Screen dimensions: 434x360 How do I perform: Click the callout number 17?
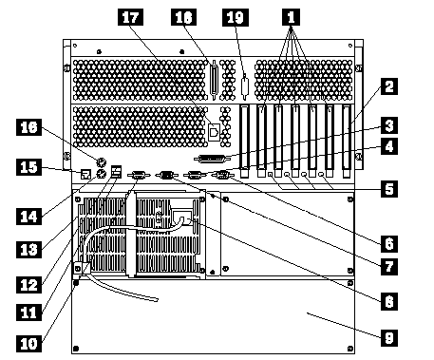pyautogui.click(x=130, y=17)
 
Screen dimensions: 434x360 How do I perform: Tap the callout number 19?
pyautogui.click(x=236, y=17)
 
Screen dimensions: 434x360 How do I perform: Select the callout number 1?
pyautogui.click(x=291, y=17)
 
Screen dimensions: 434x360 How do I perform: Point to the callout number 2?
pyautogui.click(x=389, y=86)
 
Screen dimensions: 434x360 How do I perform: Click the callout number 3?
pyautogui.click(x=389, y=125)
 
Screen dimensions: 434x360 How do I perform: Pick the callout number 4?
pyautogui.click(x=389, y=146)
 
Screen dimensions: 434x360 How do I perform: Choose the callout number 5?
pyautogui.click(x=389, y=189)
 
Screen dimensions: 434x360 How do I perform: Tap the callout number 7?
pyautogui.click(x=389, y=267)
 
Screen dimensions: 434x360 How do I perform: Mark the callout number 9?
pyautogui.click(x=389, y=338)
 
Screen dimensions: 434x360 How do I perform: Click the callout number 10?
pyautogui.click(x=28, y=344)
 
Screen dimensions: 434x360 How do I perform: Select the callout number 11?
pyautogui.click(x=28, y=313)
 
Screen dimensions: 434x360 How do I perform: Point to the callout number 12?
pyautogui.click(x=28, y=285)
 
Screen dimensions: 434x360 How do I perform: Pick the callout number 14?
pyautogui.click(x=28, y=217)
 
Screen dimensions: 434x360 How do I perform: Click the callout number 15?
pyautogui.click(x=28, y=167)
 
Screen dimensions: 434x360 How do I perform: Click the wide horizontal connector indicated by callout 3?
pyautogui.click(x=212, y=159)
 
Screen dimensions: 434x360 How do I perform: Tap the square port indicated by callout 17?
pyautogui.click(x=214, y=131)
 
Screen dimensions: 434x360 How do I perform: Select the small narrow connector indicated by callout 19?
pyautogui.click(x=245, y=87)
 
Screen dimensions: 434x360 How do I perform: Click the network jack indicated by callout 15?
pyautogui.click(x=86, y=174)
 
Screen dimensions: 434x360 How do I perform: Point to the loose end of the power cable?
pyautogui.click(x=157, y=300)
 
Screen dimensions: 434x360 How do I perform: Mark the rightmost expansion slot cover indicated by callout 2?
pyautogui.click(x=347, y=141)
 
